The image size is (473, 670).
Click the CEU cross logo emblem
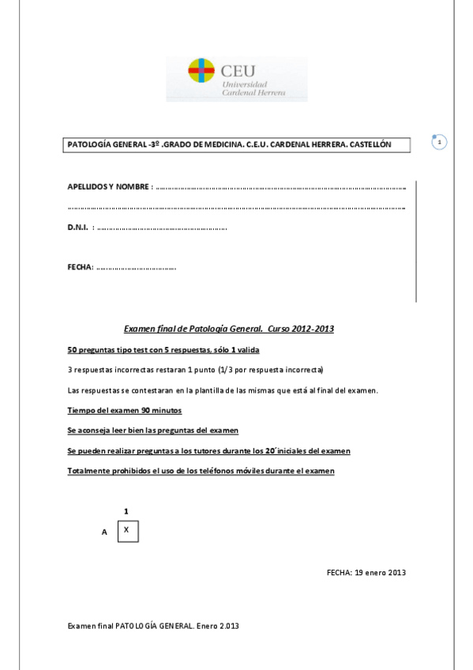201,72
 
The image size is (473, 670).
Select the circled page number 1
440,142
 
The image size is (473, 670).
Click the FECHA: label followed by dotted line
81,267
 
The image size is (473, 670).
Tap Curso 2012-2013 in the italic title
300,328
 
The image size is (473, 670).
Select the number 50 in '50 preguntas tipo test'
73,349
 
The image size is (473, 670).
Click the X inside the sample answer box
126,530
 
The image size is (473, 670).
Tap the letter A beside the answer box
104,533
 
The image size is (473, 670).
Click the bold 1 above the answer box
126,511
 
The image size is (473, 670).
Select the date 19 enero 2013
381,572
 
